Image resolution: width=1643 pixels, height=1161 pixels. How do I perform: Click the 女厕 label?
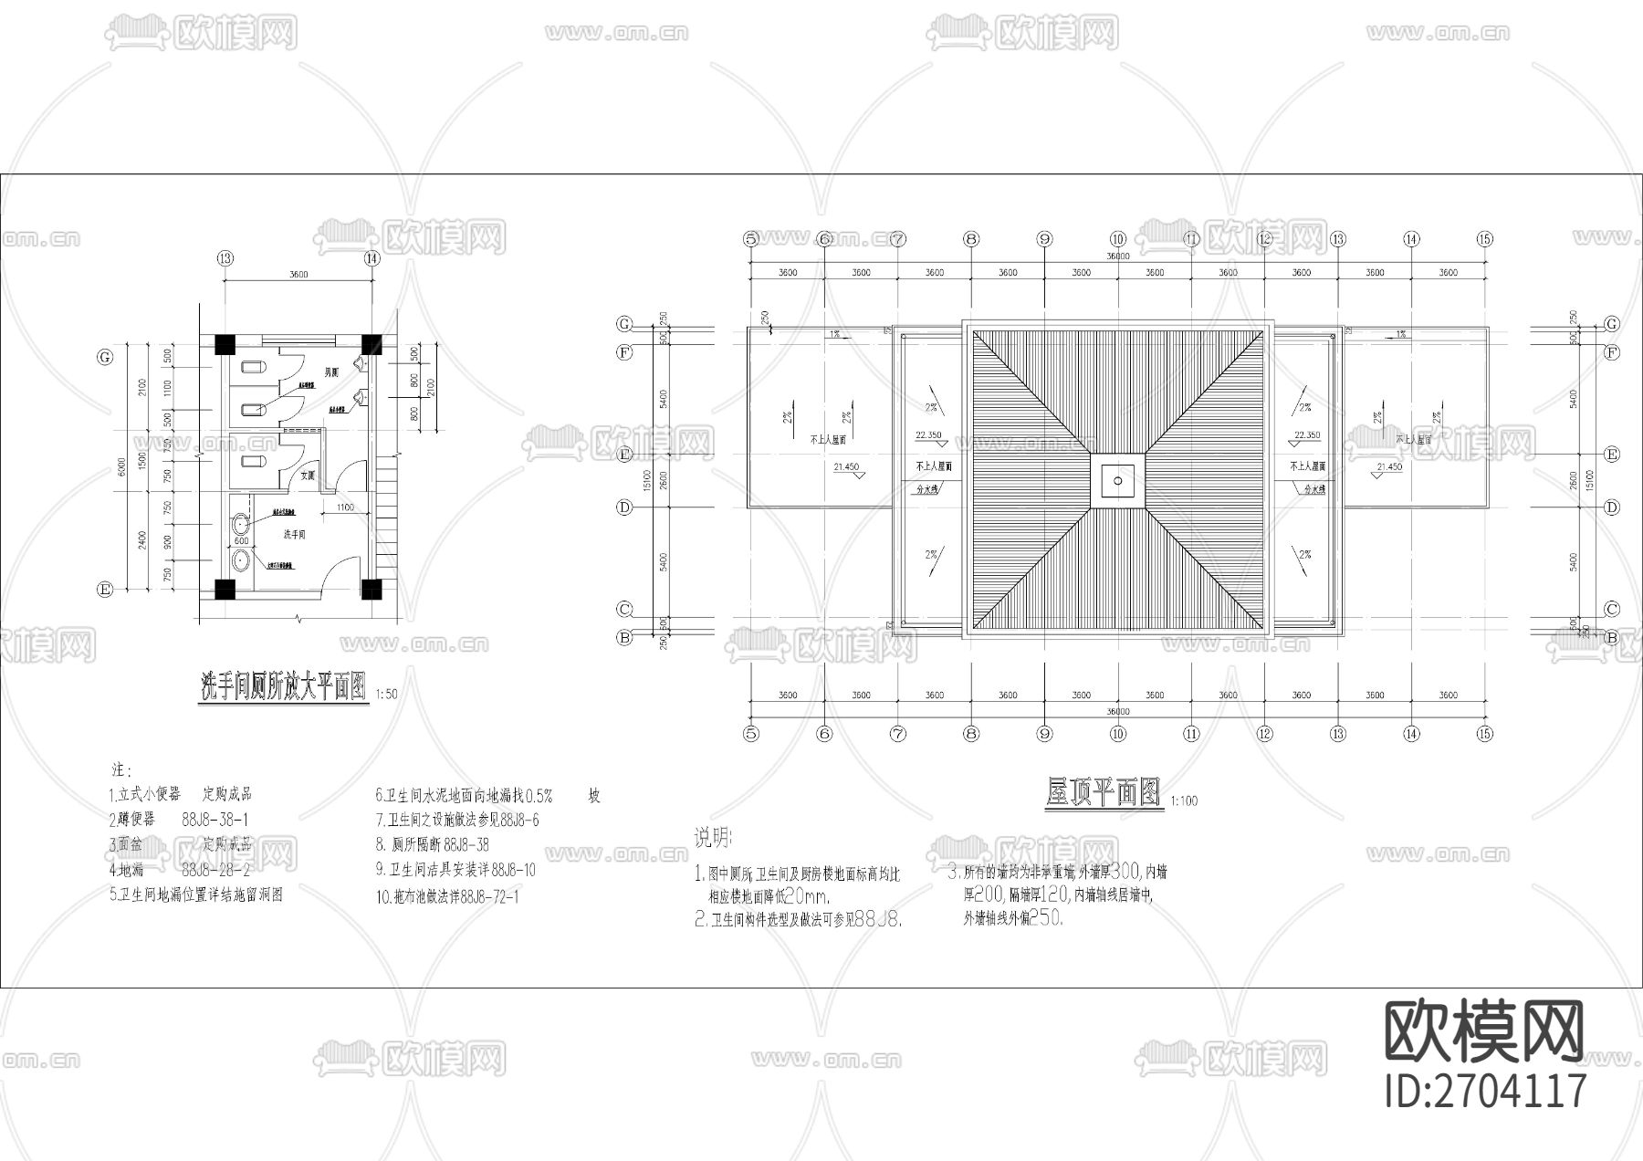308,476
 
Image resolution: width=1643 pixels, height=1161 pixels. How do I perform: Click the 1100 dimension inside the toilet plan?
345,507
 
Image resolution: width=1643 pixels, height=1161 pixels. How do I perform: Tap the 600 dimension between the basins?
241,542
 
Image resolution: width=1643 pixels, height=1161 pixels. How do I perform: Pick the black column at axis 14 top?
371,344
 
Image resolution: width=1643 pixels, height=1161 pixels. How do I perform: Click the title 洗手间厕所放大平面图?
284,686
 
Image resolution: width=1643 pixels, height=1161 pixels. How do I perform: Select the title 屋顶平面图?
1103,792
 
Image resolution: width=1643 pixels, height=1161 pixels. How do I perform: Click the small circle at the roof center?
1117,479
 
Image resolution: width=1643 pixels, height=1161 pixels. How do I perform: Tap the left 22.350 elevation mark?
928,435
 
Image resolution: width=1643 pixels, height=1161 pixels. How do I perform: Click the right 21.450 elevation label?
1388,467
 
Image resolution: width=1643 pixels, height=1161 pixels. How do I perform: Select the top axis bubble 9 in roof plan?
1045,239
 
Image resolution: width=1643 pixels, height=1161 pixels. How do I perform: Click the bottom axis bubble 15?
1484,733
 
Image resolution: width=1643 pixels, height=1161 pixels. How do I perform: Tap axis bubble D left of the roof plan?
624,507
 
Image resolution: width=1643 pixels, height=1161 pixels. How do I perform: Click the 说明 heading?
713,836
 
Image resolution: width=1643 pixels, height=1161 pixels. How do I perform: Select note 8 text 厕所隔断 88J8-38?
432,845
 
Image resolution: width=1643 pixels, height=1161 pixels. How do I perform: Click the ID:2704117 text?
1486,1090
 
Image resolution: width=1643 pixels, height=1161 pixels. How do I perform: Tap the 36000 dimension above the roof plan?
1117,256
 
